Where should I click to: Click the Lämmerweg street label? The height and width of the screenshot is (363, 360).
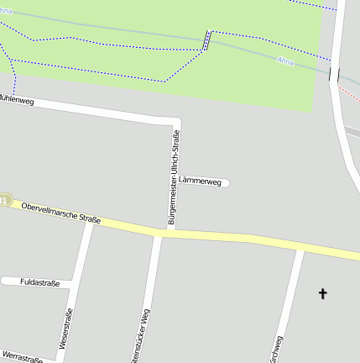(200, 181)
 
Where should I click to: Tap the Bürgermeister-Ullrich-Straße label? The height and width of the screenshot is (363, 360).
(174, 176)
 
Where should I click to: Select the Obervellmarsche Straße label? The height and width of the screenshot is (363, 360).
(61, 213)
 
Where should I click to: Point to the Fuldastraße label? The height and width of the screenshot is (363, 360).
(39, 283)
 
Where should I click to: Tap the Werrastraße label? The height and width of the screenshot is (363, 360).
(23, 359)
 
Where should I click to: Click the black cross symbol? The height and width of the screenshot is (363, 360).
(322, 293)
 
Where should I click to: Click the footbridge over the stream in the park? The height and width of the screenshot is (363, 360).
(206, 40)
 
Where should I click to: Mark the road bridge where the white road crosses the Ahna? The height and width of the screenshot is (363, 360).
(336, 74)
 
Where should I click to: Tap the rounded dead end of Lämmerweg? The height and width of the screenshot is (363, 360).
(227, 182)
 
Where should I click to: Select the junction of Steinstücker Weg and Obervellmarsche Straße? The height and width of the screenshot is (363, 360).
(158, 233)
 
